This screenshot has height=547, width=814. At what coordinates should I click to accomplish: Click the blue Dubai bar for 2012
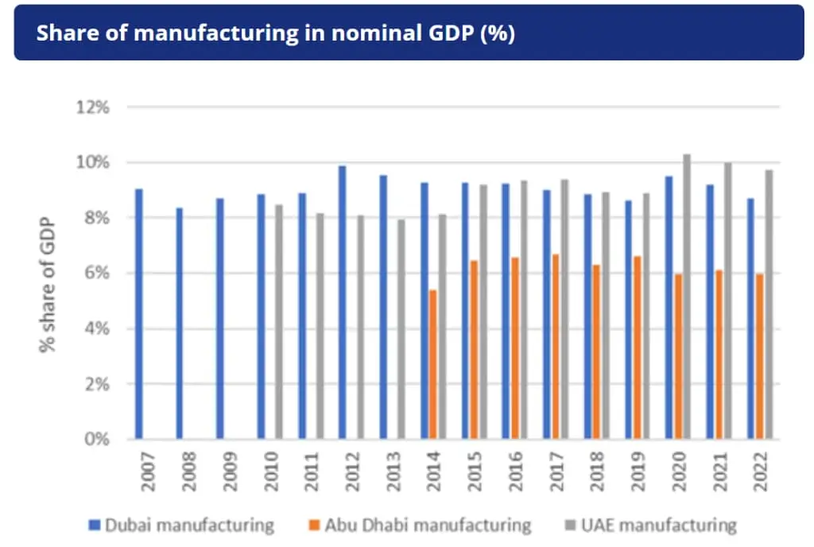tap(343, 302)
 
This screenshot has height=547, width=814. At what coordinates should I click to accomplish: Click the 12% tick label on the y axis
tap(92, 107)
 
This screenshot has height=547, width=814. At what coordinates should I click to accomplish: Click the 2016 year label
tap(516, 473)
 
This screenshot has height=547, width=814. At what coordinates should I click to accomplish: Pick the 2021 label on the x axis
tap(720, 473)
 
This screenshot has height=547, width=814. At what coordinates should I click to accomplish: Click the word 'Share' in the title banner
tap(64, 34)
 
